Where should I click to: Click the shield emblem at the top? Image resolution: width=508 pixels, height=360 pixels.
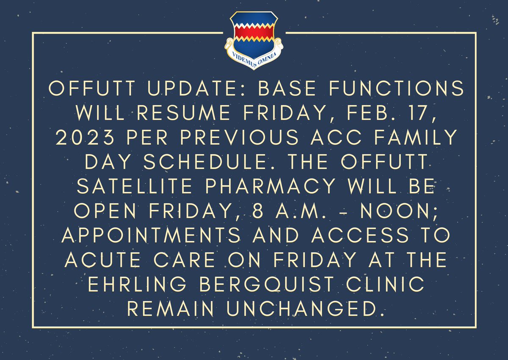point(254,36)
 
